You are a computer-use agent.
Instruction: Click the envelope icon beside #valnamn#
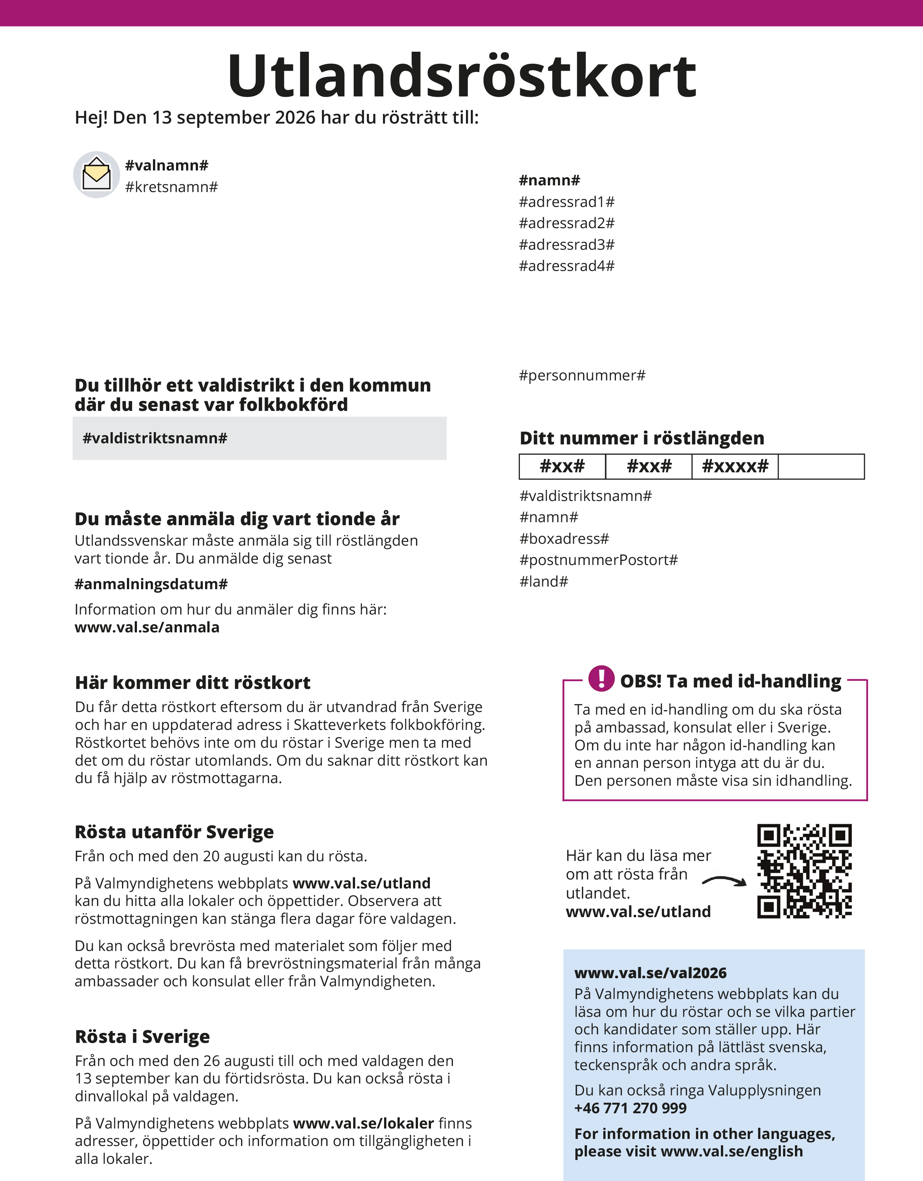pyautogui.click(x=96, y=175)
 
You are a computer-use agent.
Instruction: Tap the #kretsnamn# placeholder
pyautogui.click(x=172, y=187)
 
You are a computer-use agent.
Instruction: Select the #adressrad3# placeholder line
pyautogui.click(x=567, y=245)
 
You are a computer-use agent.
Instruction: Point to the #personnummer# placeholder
pyautogui.click(x=582, y=375)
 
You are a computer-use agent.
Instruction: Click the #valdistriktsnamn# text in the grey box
pyautogui.click(x=155, y=438)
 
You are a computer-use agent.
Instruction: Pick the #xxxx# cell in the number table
pyautogui.click(x=735, y=466)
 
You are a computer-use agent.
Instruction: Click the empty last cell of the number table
pyautogui.click(x=821, y=466)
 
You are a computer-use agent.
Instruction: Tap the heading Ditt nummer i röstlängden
pyautogui.click(x=642, y=438)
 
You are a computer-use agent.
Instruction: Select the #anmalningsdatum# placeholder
pyautogui.click(x=151, y=584)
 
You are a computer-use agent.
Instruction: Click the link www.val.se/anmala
pyautogui.click(x=147, y=627)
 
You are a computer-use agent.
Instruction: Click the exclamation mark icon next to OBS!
pyautogui.click(x=601, y=678)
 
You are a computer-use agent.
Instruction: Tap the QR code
pyautogui.click(x=804, y=871)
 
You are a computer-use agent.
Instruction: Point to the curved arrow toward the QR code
pyautogui.click(x=724, y=881)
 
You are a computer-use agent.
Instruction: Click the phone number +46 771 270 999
pyautogui.click(x=630, y=1108)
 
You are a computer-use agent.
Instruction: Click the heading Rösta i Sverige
pyautogui.click(x=142, y=1037)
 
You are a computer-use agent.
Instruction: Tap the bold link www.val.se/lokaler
pyautogui.click(x=363, y=1123)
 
